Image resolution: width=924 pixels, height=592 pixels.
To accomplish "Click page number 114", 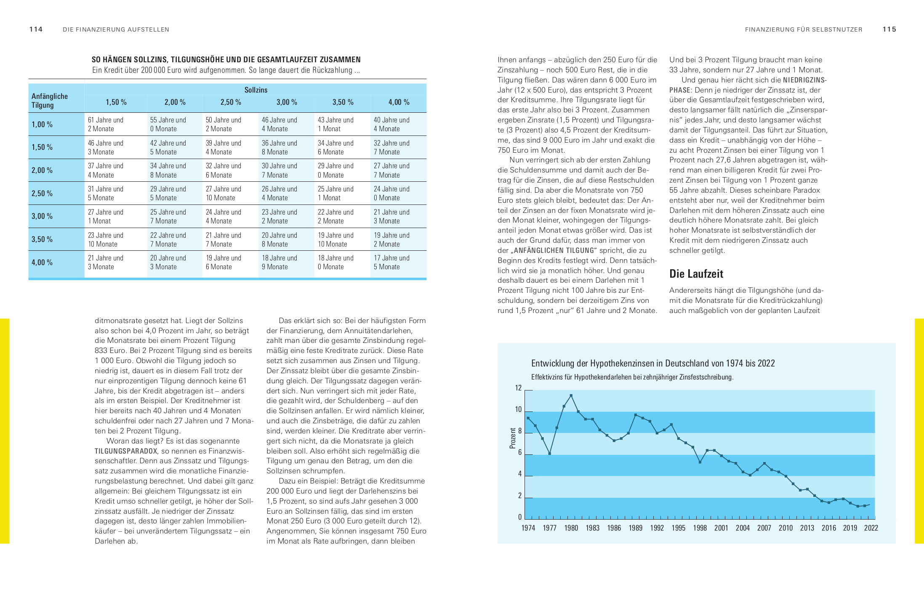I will pyautogui.click(x=36, y=29).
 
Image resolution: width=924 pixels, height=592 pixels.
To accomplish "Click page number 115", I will pyautogui.click(x=889, y=29).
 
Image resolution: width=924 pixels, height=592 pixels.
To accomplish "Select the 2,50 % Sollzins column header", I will pyautogui.click(x=231, y=102).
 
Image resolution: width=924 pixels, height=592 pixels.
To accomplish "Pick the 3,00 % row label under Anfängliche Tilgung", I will pyautogui.click(x=42, y=216).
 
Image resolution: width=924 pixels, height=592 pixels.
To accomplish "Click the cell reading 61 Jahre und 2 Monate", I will pyautogui.click(x=106, y=125).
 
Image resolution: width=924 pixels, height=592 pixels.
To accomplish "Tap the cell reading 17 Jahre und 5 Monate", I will pyautogui.click(x=391, y=263).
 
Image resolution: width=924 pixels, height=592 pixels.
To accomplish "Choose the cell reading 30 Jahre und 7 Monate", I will pyautogui.click(x=280, y=170).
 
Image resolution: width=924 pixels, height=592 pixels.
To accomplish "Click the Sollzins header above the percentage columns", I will pyautogui.click(x=256, y=90).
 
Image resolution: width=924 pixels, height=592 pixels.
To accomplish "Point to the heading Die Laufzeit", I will pyautogui.click(x=696, y=274).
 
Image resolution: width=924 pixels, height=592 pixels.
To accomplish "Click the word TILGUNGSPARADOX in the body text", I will pyautogui.click(x=126, y=451).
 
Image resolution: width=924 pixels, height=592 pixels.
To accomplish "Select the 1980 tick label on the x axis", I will pyautogui.click(x=571, y=528).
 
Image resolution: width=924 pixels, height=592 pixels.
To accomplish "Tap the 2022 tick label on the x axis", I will pyautogui.click(x=871, y=528).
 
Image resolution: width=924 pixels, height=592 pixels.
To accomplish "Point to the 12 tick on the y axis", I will pyautogui.click(x=519, y=388).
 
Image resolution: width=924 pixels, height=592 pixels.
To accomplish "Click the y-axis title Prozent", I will pyautogui.click(x=512, y=438).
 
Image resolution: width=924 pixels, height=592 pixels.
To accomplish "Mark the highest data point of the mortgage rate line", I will pyautogui.click(x=571, y=396).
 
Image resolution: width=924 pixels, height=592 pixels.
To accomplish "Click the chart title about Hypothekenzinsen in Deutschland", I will pyautogui.click(x=653, y=364).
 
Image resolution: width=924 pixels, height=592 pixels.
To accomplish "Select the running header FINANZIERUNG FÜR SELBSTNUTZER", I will pyautogui.click(x=804, y=29).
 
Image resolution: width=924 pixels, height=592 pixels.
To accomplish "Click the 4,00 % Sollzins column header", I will pyautogui.click(x=399, y=102).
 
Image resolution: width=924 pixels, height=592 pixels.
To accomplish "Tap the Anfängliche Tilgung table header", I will pyautogui.click(x=50, y=101).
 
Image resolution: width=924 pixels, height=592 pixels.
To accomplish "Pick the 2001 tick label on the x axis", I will pyautogui.click(x=721, y=528).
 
